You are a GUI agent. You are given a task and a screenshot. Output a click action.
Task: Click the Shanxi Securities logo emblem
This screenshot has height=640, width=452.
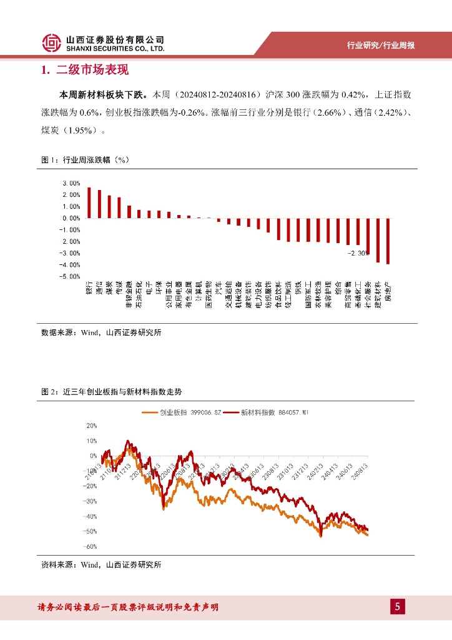pyautogui.click(x=52, y=42)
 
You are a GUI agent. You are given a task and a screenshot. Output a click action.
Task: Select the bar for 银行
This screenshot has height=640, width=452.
pyautogui.click(x=89, y=202)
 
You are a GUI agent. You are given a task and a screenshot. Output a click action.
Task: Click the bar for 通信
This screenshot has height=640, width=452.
pyautogui.click(x=99, y=204)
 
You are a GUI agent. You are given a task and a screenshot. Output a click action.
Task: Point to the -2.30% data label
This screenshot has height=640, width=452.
pyautogui.click(x=359, y=253)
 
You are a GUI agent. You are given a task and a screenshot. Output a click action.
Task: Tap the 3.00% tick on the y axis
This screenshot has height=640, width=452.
pyautogui.click(x=71, y=183)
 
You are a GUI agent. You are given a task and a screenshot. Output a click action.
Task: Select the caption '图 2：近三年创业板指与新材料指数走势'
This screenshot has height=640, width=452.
pyautogui.click(x=112, y=391)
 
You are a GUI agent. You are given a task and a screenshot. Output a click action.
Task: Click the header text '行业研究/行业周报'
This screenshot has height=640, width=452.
pyautogui.click(x=381, y=45)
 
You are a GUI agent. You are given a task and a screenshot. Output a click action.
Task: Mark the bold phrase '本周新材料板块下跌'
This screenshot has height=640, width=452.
pyautogui.click(x=102, y=95)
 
